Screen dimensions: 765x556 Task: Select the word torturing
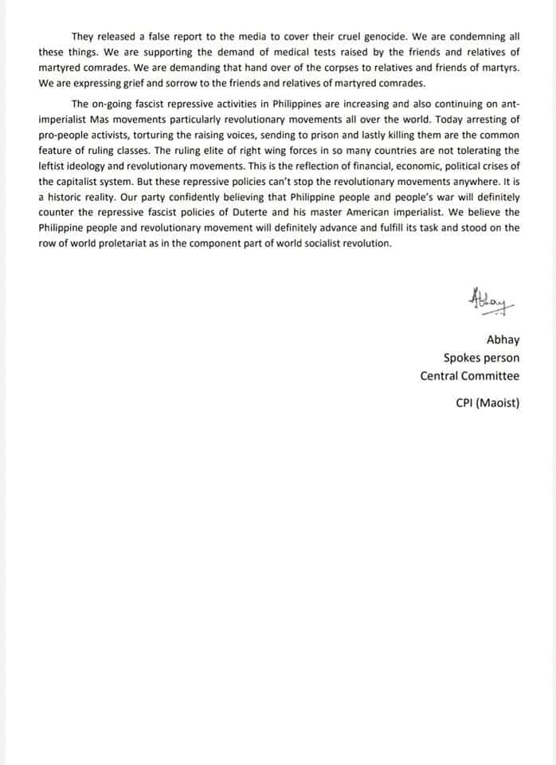coord(170,135)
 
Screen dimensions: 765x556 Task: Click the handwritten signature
coord(489,300)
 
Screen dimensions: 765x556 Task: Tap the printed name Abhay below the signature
coord(503,340)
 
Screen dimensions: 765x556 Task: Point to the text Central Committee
coord(469,376)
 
